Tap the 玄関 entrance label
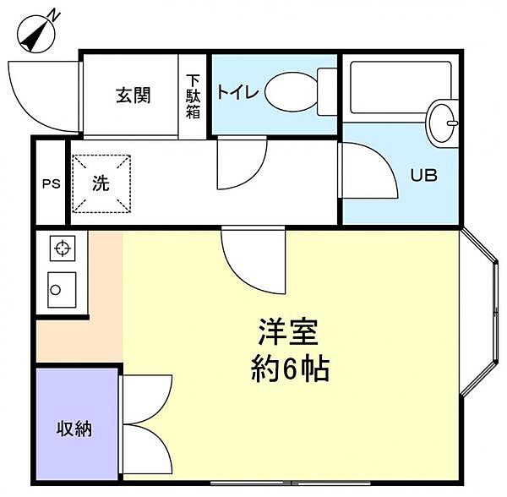coord(134,96)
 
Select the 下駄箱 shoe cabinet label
coord(193,96)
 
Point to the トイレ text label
coord(237,91)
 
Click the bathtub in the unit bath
coord(401,87)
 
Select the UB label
coord(424,175)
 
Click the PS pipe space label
coord(52,183)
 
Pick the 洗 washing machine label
coord(101,183)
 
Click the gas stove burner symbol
coord(63,248)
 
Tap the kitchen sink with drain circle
coord(62,290)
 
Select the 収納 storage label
coord(74,429)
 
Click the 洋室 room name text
coord(288,332)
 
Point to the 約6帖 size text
coord(290,369)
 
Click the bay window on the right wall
coord(478,312)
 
